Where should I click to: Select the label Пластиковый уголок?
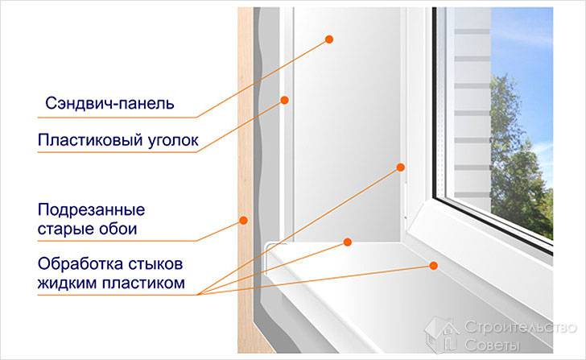pos(118,139)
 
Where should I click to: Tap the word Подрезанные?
pos(91,210)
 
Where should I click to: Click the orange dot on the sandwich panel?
pos(330,39)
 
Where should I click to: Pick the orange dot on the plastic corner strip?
pos(284,100)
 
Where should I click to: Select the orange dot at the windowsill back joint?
pos(348,241)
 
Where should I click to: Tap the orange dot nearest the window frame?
pos(399,168)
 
